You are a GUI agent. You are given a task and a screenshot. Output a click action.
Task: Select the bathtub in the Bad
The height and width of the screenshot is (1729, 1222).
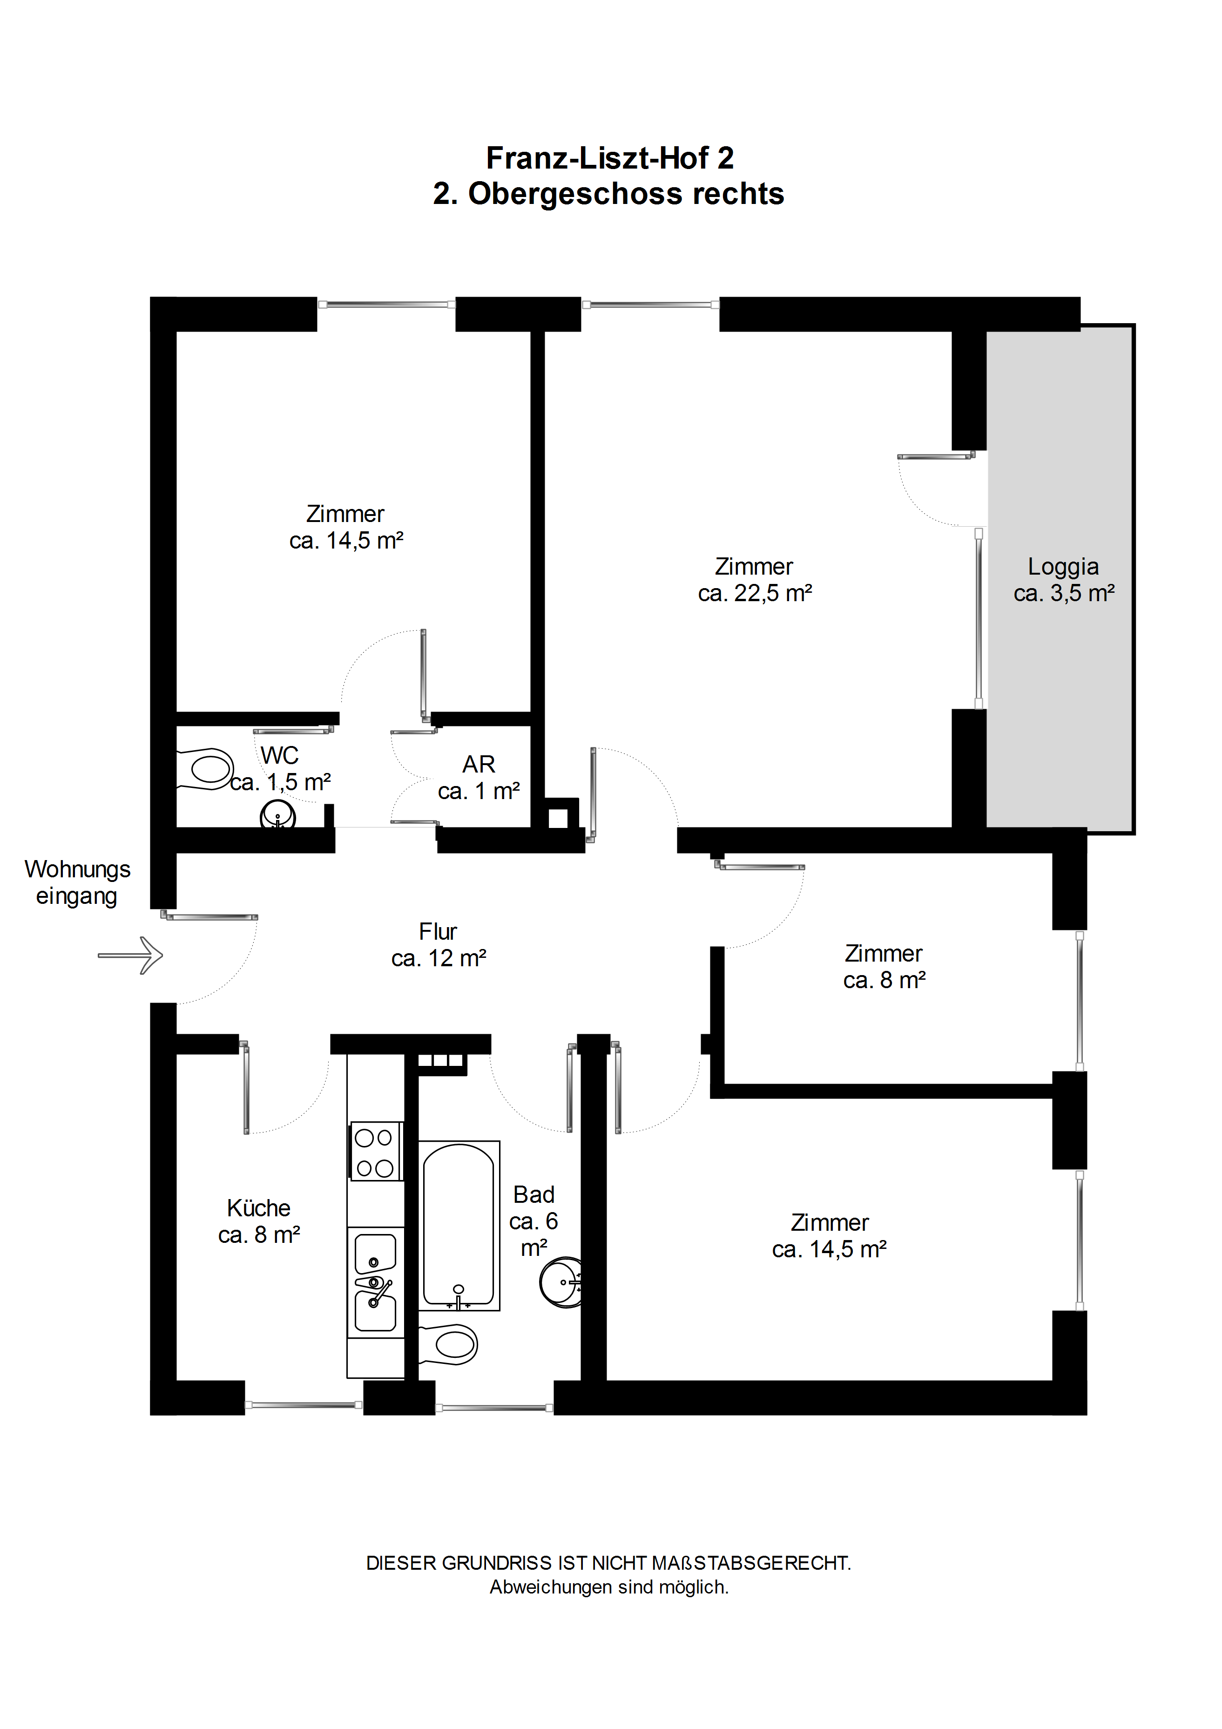pyautogui.click(x=459, y=1225)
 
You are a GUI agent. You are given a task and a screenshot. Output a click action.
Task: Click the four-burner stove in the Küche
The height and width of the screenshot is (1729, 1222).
pyautogui.click(x=375, y=1152)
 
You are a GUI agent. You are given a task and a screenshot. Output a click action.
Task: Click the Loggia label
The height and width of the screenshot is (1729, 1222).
pyautogui.click(x=1063, y=566)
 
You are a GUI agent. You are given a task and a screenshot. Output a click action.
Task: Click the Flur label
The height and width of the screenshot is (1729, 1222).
pyautogui.click(x=438, y=931)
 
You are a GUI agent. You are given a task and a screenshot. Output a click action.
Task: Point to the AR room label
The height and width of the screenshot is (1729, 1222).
pyautogui.click(x=479, y=764)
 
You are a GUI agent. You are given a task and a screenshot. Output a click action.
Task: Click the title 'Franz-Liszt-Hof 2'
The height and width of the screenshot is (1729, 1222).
pyautogui.click(x=610, y=158)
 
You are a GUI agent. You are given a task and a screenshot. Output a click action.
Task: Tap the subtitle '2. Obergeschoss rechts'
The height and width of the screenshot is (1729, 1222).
pyautogui.click(x=608, y=194)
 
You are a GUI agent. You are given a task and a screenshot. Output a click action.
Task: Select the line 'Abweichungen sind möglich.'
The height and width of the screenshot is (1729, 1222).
pyautogui.click(x=609, y=1587)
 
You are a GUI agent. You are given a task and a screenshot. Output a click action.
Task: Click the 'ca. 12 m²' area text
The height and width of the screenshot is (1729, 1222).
pyautogui.click(x=439, y=959)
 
